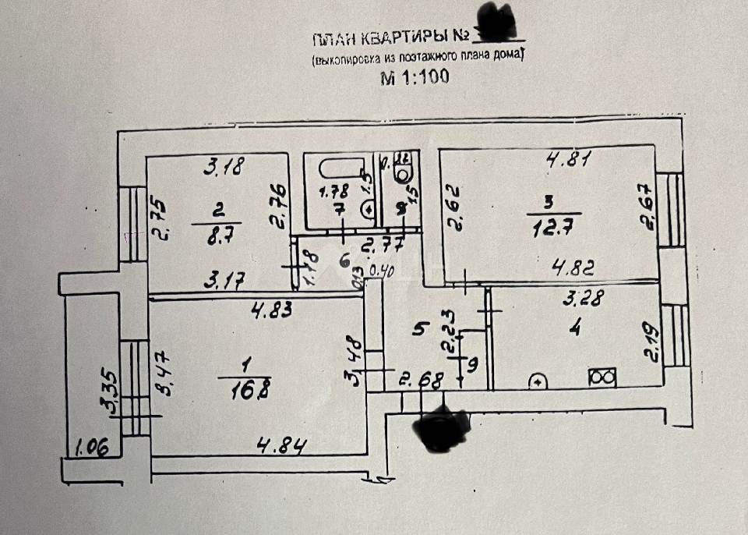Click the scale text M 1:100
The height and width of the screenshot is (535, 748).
pyautogui.click(x=414, y=77)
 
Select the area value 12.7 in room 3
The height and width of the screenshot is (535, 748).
pyautogui.click(x=549, y=228)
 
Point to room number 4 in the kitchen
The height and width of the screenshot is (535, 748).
pyautogui.click(x=575, y=328)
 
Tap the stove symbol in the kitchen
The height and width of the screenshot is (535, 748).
pyautogui.click(x=603, y=378)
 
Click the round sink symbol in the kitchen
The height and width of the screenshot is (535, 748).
pyautogui.click(x=538, y=382)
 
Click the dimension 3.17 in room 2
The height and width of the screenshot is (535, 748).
pyautogui.click(x=222, y=277)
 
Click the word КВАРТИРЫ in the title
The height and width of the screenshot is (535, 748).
pyautogui.click(x=404, y=37)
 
